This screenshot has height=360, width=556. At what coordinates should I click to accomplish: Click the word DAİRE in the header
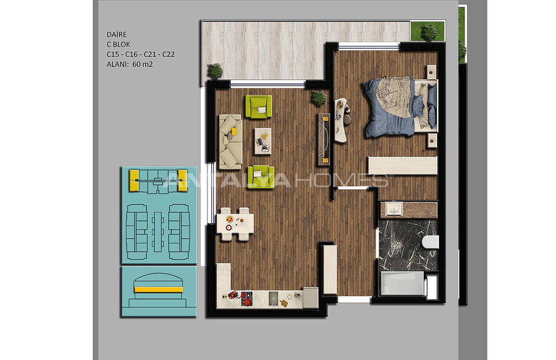[x=116, y=34]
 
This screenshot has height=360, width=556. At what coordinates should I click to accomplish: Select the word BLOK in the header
[x=122, y=44]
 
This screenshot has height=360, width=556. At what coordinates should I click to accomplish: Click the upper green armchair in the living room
[x=258, y=105]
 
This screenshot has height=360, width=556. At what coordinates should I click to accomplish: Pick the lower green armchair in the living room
[x=260, y=175]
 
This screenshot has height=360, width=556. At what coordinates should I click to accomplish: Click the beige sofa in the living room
[x=230, y=140]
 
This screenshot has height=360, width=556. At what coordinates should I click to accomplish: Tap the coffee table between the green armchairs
[x=262, y=140]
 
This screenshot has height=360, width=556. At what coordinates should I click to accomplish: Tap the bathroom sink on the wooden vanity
[x=394, y=209]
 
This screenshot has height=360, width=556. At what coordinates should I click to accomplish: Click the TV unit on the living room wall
[x=323, y=139]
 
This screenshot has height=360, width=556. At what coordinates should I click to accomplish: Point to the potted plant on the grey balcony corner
[x=215, y=71]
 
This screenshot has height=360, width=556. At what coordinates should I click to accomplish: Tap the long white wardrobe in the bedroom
[x=402, y=165]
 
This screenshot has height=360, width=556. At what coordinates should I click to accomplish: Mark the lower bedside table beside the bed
[x=432, y=138]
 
